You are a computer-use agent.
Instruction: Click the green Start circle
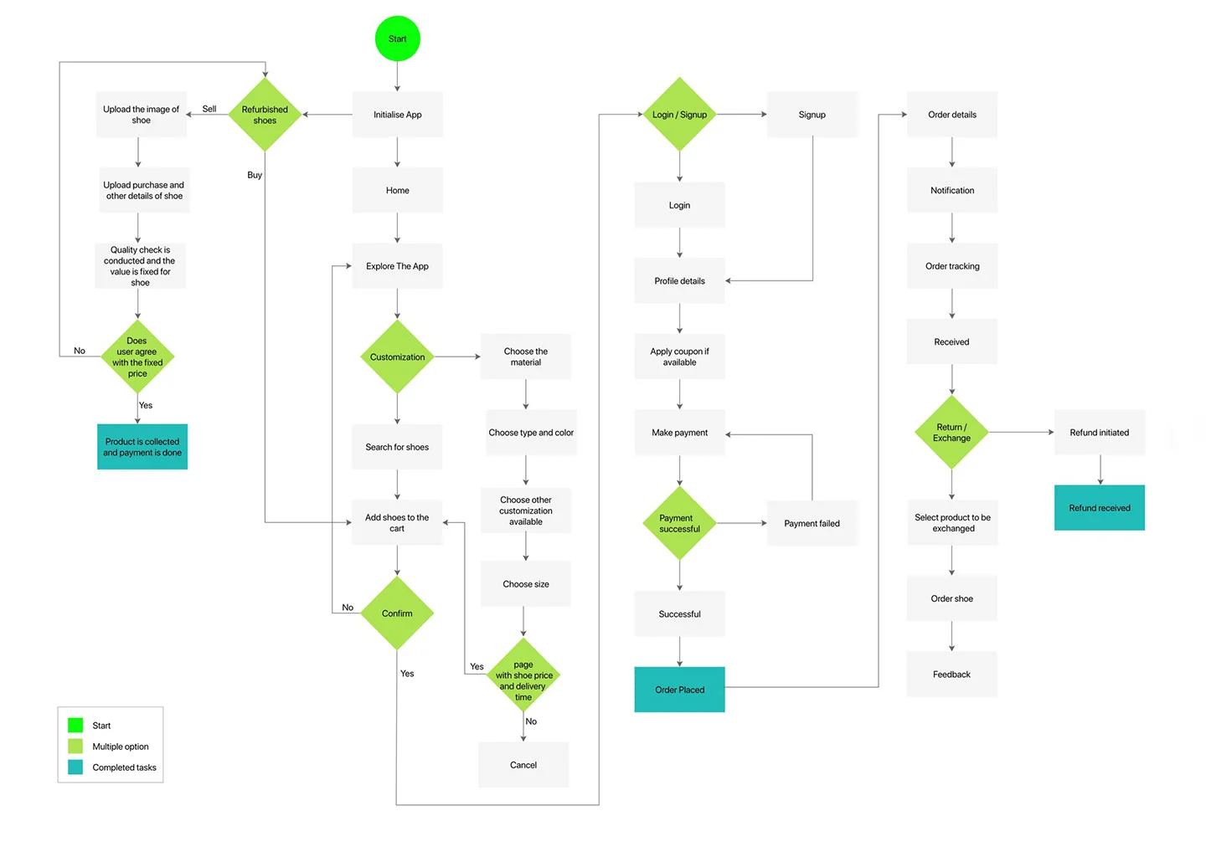coord(397,38)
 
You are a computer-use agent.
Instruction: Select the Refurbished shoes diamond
coord(265,115)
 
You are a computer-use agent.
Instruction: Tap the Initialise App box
coord(397,115)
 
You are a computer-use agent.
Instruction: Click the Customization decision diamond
coord(397,357)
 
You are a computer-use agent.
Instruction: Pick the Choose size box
coord(525,584)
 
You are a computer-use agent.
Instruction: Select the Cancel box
coord(523,765)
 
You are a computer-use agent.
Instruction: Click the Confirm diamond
coord(397,613)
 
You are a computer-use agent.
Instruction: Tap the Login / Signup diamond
coord(679,115)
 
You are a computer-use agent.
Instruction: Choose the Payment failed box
coord(812,523)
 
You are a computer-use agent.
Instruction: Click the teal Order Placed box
coord(679,690)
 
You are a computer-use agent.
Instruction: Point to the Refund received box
coord(1099,508)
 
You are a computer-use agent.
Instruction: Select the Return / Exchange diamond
coord(951,433)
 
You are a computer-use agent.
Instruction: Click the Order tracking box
coord(951,266)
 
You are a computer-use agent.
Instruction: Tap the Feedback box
coord(951,675)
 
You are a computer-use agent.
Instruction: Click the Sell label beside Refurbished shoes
coord(209,109)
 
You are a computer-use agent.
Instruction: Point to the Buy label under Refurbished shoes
coord(255,175)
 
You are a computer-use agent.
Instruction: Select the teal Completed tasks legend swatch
coord(75,767)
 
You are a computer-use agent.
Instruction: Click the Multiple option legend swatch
coord(75,746)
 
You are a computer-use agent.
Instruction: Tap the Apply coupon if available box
coord(679,357)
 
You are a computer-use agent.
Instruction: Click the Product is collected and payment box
coord(142,447)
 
